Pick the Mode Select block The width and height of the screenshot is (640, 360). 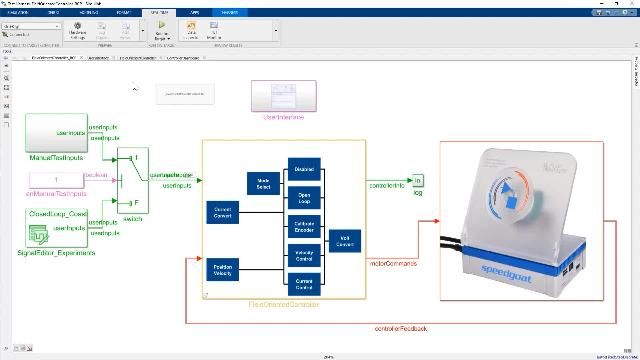[264, 183]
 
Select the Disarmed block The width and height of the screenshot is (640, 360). [304, 169]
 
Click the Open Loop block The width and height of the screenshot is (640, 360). [304, 198]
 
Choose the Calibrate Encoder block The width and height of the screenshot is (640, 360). [304, 226]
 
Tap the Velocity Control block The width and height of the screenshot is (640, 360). [304, 255]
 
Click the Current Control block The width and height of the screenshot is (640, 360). [304, 283]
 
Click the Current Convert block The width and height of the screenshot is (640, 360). [223, 213]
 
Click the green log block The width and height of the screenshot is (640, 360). [418, 180]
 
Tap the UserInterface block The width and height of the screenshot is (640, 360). [282, 97]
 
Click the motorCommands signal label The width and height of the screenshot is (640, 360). [391, 264]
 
